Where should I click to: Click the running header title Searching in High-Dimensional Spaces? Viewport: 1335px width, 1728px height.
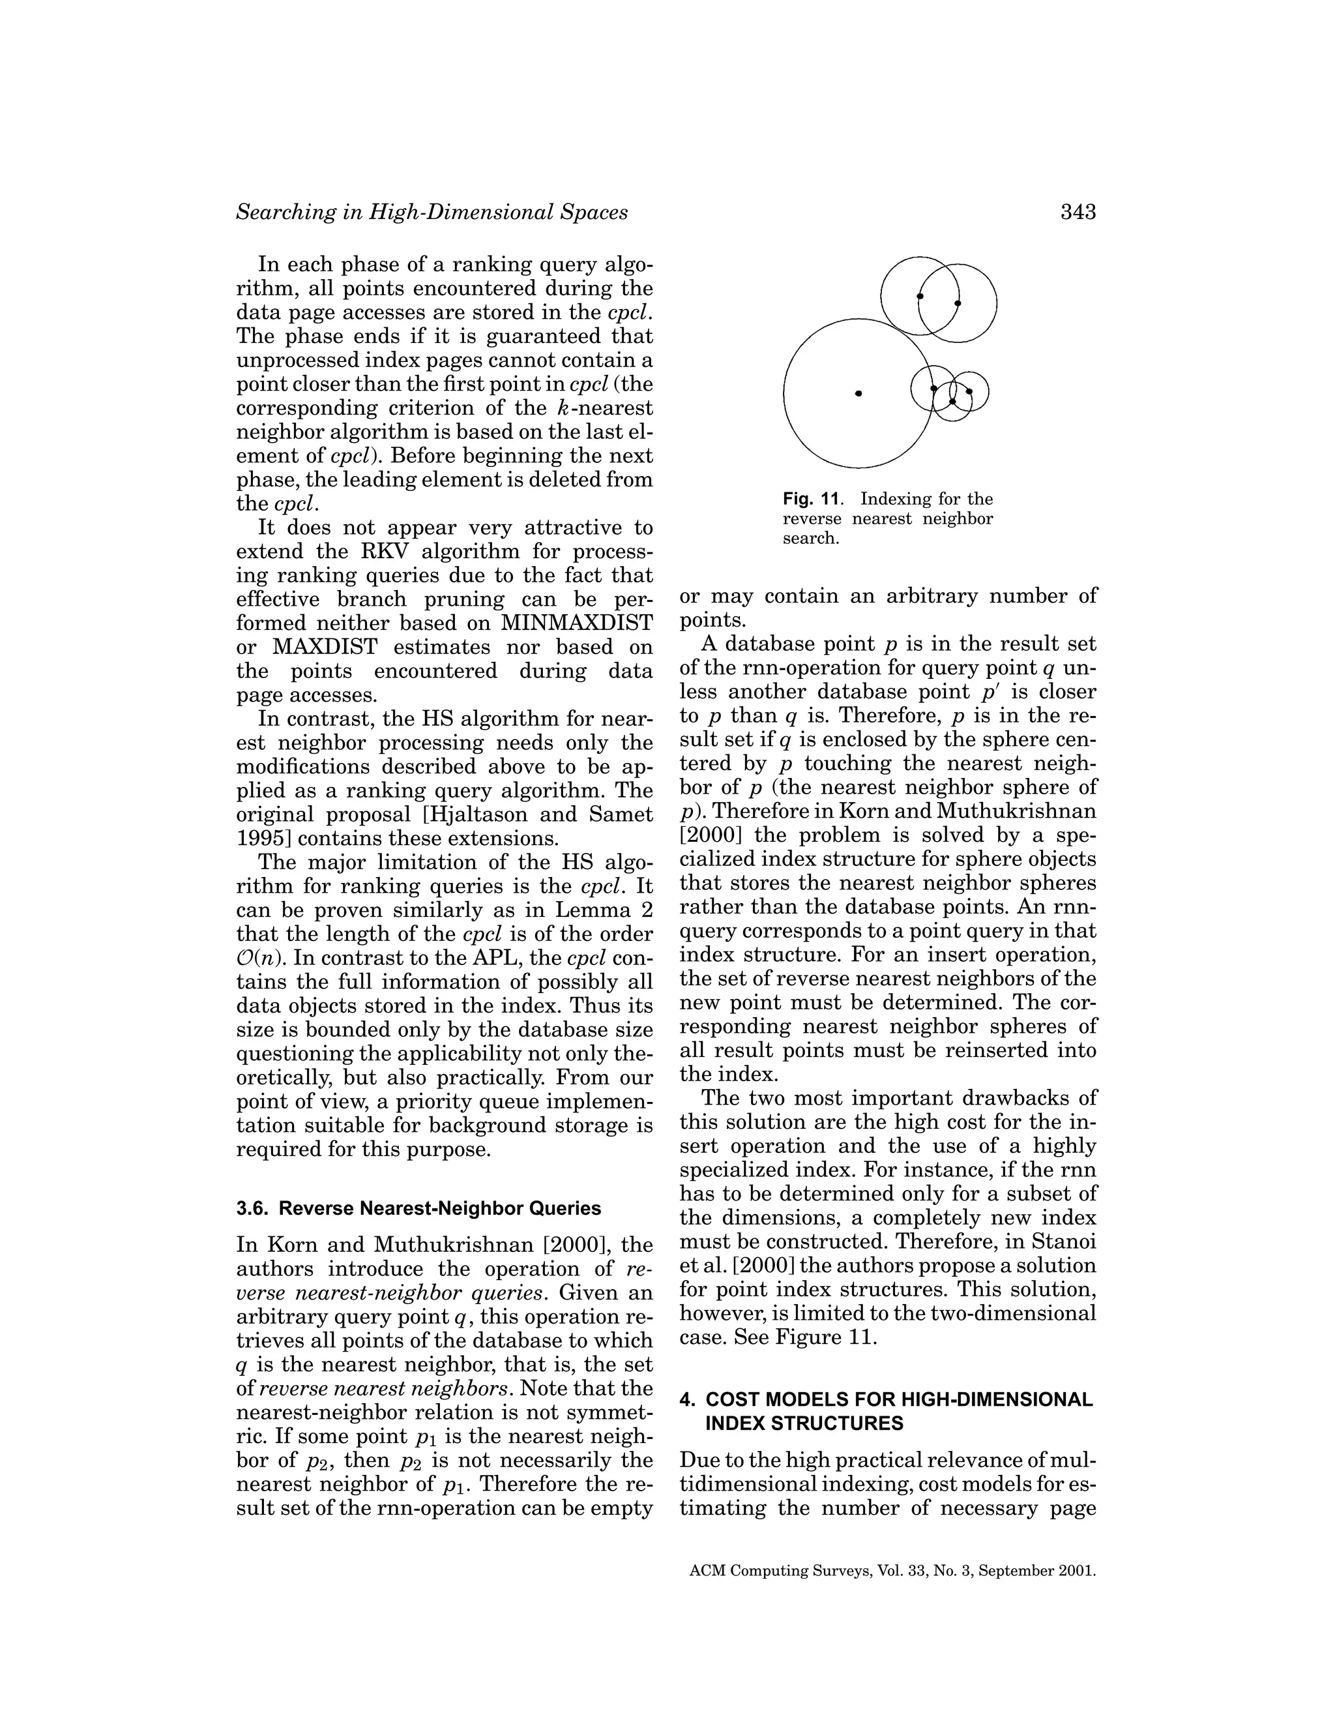point(432,212)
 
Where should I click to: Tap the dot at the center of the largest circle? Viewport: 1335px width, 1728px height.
point(859,393)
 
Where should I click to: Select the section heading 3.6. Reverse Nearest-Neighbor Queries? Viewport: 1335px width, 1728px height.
point(418,1208)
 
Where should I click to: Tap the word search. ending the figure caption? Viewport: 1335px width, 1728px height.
point(810,539)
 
